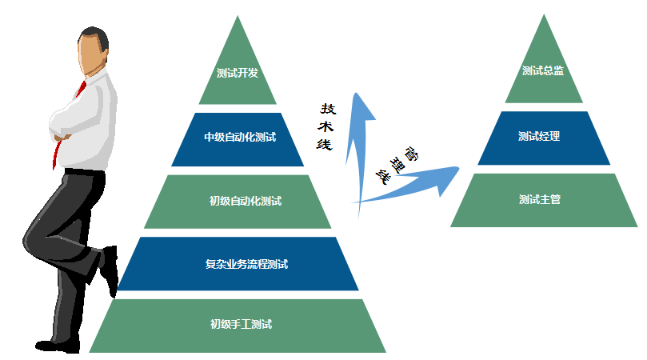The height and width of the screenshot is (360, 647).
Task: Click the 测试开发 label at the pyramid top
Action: click(x=238, y=74)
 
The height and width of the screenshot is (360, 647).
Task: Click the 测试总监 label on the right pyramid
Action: click(x=542, y=70)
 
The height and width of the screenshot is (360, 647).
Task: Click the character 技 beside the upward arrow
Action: click(x=328, y=109)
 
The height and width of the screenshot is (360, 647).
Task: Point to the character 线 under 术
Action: click(x=325, y=144)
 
